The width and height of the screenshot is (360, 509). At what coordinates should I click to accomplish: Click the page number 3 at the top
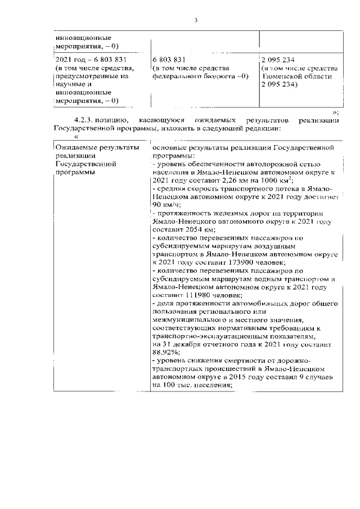[196, 20]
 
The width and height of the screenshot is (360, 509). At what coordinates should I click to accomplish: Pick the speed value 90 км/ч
[164, 205]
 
